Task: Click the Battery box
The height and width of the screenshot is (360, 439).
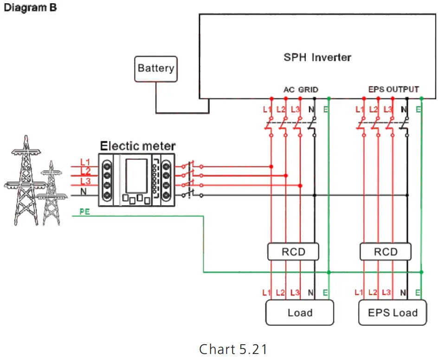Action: (x=155, y=69)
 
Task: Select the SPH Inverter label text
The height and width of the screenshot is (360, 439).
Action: (x=317, y=58)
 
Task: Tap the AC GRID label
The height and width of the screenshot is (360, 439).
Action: (x=301, y=89)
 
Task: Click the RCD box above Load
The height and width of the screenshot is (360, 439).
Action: (x=293, y=252)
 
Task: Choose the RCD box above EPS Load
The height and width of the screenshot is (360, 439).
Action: (x=386, y=252)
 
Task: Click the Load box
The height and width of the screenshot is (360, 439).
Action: (x=299, y=313)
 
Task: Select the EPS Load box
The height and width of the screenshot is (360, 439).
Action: (x=393, y=313)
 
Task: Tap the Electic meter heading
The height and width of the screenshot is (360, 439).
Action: (x=138, y=146)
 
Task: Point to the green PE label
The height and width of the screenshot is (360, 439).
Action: (x=85, y=211)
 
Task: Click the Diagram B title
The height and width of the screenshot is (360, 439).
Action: (x=30, y=8)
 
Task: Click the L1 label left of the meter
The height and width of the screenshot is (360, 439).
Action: (x=85, y=162)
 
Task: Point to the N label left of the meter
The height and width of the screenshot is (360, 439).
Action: (x=83, y=191)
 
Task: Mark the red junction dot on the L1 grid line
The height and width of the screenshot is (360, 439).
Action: (x=271, y=166)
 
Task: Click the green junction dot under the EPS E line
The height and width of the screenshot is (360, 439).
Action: (x=421, y=272)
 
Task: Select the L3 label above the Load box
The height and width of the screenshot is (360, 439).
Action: (x=294, y=293)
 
